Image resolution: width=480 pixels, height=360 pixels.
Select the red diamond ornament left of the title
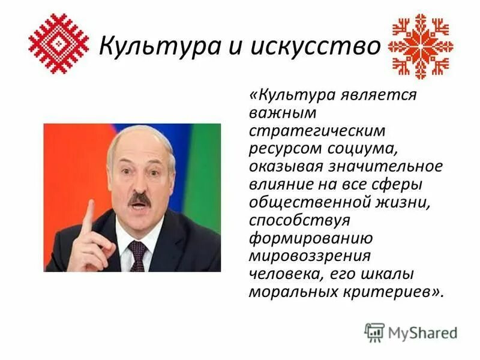[59, 44]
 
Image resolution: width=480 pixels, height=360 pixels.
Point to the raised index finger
[89, 215]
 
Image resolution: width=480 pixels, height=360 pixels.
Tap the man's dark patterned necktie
[137, 255]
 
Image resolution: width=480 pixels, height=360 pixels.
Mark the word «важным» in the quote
[278, 112]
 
